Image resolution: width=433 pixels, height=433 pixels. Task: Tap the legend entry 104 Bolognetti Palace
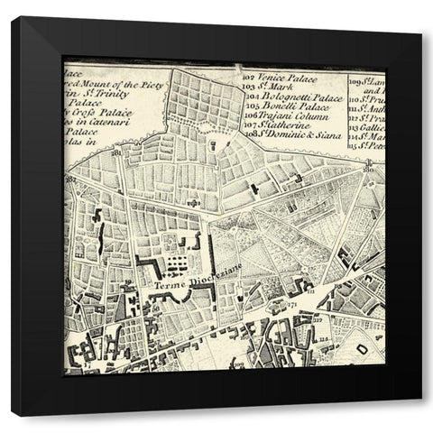point(294,96)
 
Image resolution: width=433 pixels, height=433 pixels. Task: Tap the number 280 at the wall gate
point(368,168)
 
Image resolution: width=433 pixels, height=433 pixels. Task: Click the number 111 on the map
point(310,292)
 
